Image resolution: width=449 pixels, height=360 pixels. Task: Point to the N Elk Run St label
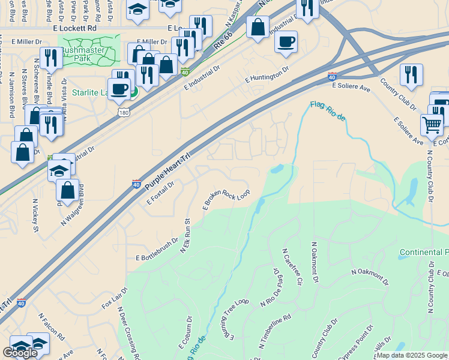point(186,235)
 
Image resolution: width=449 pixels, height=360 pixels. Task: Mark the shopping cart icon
point(432,125)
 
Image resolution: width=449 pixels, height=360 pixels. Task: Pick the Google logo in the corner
point(20,353)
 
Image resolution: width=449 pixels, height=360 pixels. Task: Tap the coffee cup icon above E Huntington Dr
point(286,42)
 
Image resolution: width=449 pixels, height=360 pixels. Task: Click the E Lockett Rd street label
point(75,28)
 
